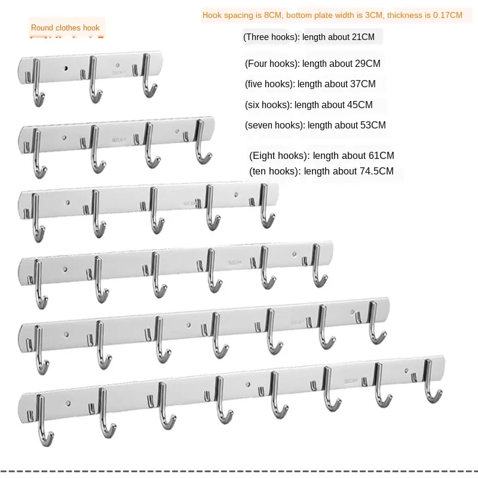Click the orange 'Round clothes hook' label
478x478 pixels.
tap(65, 27)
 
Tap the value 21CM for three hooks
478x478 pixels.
tap(363, 37)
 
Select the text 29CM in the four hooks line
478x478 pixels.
tap(369, 63)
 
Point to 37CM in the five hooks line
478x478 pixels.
tap(363, 84)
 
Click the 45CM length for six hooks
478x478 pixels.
tap(360, 105)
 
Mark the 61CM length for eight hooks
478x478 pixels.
tap(382, 155)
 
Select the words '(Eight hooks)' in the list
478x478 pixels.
tap(279, 155)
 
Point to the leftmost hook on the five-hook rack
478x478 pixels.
tap(38, 215)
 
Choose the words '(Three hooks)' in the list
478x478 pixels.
tap(271, 37)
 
